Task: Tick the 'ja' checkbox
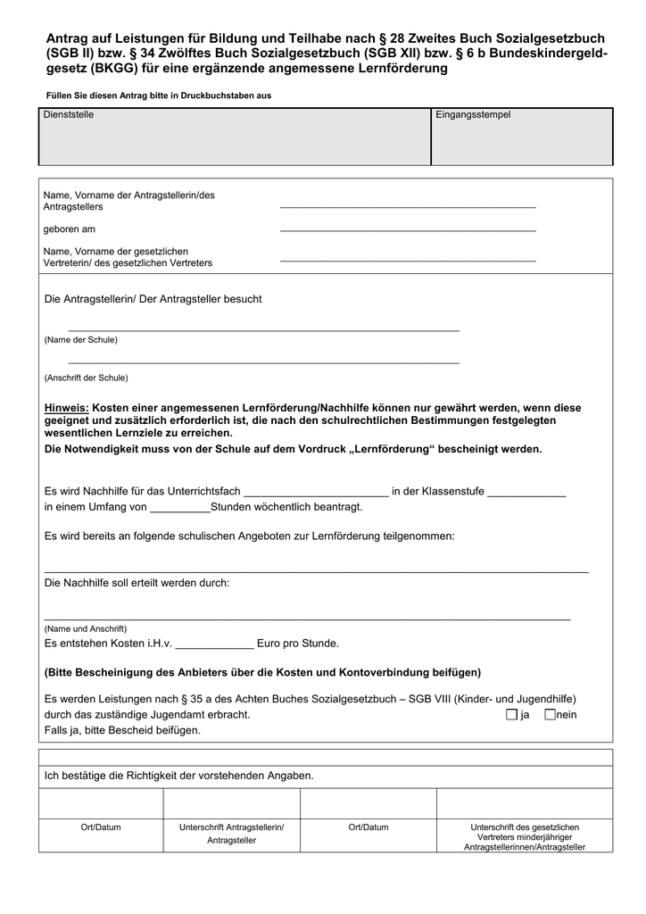click(510, 715)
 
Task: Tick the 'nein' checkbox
click(550, 715)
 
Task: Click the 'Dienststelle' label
click(69, 115)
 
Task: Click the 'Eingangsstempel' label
click(473, 115)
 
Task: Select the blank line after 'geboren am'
click(408, 229)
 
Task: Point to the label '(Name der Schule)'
click(80, 340)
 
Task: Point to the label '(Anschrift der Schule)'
click(86, 378)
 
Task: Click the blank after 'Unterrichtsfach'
click(316, 492)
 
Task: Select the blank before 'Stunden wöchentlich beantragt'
click(180, 507)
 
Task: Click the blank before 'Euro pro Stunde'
click(214, 644)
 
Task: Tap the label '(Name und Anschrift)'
click(86, 628)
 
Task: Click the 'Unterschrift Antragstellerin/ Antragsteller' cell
click(231, 834)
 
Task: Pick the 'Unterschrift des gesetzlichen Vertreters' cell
click(525, 836)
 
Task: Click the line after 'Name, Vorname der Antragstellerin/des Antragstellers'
click(408, 206)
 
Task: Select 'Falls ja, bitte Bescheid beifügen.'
click(122, 730)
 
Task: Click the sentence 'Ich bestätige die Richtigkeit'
click(178, 776)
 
